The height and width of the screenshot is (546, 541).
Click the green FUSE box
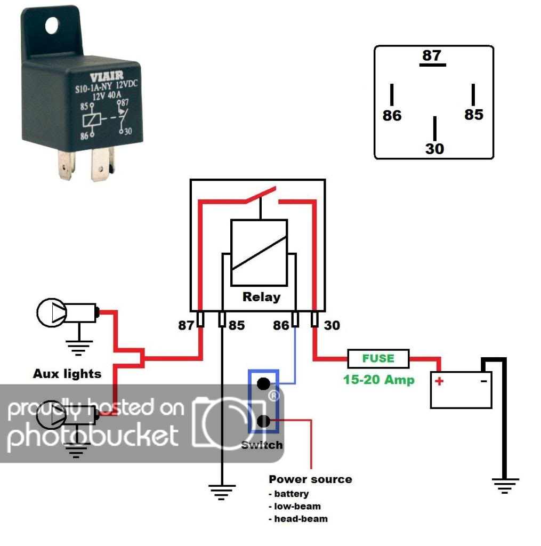tap(378, 359)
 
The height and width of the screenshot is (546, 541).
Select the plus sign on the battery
tap(439, 381)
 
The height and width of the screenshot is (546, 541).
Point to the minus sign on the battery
tap(483, 381)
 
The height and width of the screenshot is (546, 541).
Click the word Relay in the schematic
tap(261, 297)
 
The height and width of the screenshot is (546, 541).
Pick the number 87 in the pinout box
tap(432, 55)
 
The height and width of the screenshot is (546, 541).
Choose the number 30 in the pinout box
tap(434, 149)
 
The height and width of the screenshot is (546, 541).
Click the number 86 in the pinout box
tap(392, 116)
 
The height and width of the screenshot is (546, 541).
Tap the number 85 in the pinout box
tap(473, 115)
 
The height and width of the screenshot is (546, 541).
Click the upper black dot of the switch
tap(263, 383)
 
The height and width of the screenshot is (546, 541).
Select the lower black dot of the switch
tap(263, 422)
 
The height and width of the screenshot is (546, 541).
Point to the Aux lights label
tap(67, 374)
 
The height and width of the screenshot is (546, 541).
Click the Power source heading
tap(310, 479)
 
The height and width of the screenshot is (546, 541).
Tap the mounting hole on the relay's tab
tap(51, 25)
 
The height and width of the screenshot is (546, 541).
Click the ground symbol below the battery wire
tap(505, 486)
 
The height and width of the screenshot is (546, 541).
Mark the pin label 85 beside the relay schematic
tap(237, 325)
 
